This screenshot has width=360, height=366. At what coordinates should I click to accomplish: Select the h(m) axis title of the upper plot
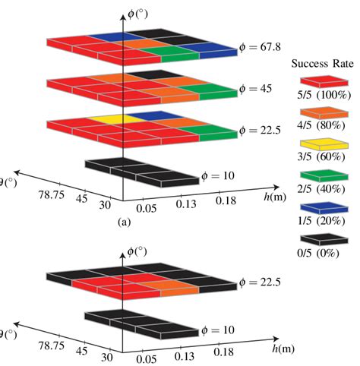point(272,197)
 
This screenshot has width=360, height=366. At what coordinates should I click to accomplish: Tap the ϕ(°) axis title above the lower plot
point(137,251)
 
